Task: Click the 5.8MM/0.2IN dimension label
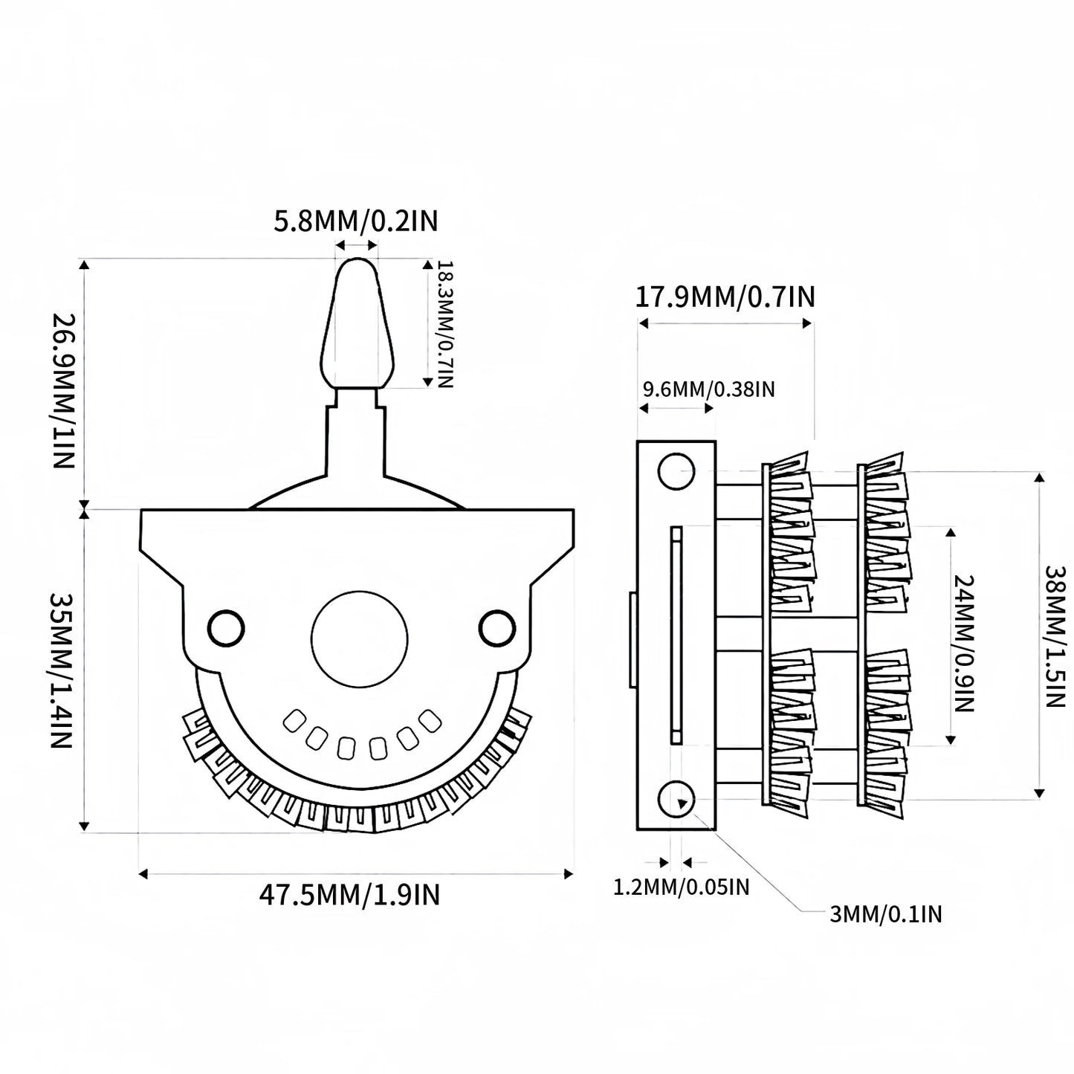355,221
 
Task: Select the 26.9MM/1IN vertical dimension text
63,391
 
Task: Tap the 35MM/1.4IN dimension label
62,670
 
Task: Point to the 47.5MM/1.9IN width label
349,895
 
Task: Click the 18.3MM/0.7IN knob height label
446,324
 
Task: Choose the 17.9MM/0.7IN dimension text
725,297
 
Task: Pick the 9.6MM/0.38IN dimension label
709,389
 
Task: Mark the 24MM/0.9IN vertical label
963,643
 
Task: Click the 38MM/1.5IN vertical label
1055,636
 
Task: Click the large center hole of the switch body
360,639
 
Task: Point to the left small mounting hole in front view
226,629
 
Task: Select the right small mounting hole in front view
497,629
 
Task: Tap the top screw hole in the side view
676,471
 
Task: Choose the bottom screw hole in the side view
676,799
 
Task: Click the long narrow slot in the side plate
676,635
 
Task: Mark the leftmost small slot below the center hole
294,721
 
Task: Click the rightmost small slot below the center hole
430,720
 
